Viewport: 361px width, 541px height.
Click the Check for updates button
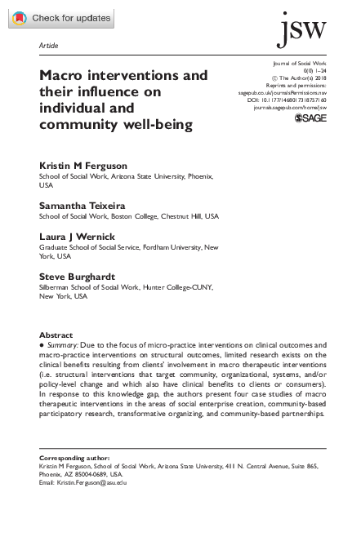point(61,17)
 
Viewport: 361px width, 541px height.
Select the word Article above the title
point(48,46)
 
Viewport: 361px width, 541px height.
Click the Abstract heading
point(56,335)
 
